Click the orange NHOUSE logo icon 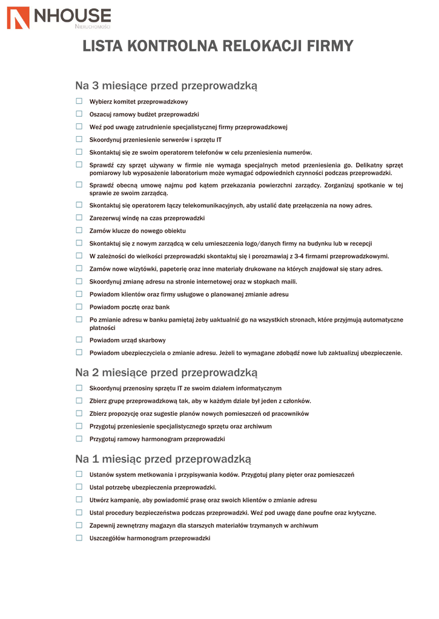[x=18, y=18]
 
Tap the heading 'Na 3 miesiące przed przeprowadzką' [x=166, y=86]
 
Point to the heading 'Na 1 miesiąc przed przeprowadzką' [x=163, y=459]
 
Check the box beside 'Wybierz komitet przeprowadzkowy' [x=79, y=101]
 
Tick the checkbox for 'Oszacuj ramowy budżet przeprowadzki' [x=79, y=114]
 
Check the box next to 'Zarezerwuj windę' [x=79, y=218]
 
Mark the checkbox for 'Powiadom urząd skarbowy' [x=79, y=340]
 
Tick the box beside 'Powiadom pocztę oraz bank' [x=79, y=306]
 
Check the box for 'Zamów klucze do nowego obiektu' [x=79, y=230]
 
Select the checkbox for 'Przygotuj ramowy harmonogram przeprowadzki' [x=79, y=439]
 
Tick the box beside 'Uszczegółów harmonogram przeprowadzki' [x=79, y=538]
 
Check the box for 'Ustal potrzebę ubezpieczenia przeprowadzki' [x=79, y=487]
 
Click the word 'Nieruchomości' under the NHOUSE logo [x=92, y=27]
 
